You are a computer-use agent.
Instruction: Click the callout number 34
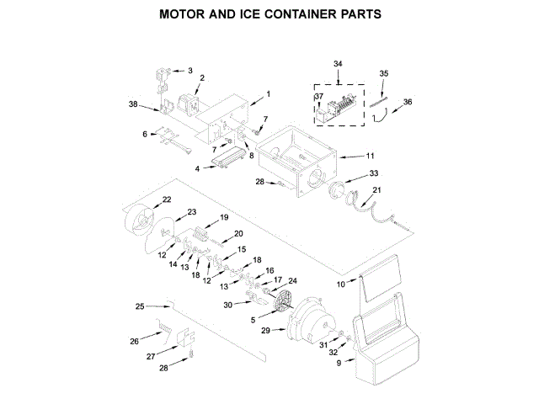coord(338,64)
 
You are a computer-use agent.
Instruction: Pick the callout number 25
coord(140,306)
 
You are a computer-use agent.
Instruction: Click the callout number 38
coord(133,104)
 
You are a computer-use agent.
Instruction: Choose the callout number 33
coord(374,174)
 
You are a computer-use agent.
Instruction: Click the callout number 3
coord(189,71)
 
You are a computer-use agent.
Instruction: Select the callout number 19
coord(224,218)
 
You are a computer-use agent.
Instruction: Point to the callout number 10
coord(341,284)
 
